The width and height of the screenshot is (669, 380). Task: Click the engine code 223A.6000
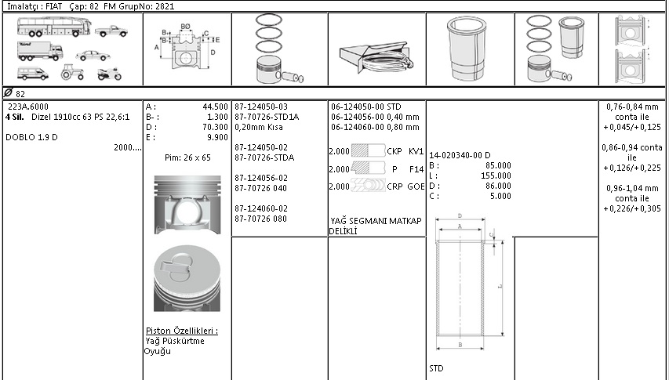click(27, 106)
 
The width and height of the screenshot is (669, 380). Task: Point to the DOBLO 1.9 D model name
click(32, 136)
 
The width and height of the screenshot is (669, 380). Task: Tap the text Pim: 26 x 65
click(187, 157)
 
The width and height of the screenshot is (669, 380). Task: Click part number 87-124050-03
click(261, 106)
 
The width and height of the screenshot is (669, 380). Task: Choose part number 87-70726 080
click(261, 219)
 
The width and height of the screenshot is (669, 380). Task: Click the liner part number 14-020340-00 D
click(460, 155)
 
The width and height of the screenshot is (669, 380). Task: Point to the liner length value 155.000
click(498, 176)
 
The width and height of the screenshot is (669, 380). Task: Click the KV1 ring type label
click(416, 150)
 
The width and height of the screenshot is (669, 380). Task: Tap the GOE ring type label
click(416, 186)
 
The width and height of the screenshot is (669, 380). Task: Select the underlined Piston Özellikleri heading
click(182, 331)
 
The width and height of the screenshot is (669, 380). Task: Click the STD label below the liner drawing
click(437, 367)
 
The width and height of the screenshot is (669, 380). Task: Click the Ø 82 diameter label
click(15, 92)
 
